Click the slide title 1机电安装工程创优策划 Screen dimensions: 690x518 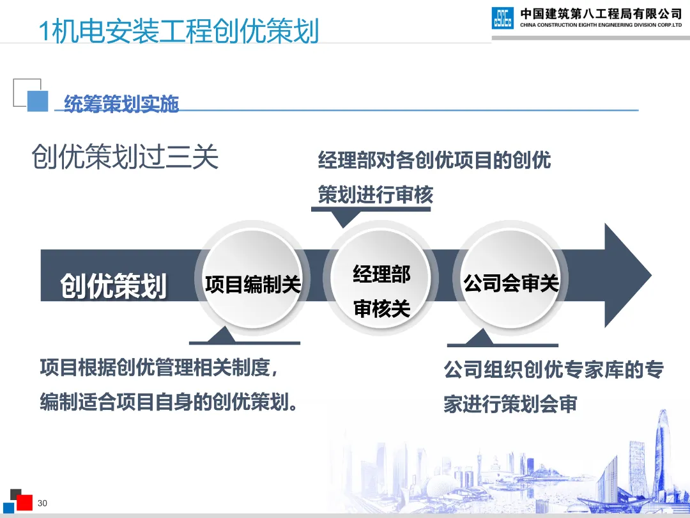tap(179, 31)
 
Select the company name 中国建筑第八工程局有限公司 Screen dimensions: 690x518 tap(601, 13)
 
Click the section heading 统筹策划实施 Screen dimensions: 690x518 tap(121, 104)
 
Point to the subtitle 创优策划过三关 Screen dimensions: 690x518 tap(125, 157)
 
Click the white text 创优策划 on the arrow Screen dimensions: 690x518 tap(114, 285)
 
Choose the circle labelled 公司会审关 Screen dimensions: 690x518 tap(511, 283)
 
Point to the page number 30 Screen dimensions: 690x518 tap(43, 503)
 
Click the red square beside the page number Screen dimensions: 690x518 tap(24, 502)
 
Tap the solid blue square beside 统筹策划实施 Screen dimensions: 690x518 tap(38, 100)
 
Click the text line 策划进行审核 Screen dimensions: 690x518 tap(376, 195)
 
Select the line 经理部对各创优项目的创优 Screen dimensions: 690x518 tap(434, 160)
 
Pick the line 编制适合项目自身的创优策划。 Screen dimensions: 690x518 tap(169, 403)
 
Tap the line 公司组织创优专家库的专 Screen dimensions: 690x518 tap(554, 370)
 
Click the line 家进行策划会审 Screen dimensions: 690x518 tap(510, 405)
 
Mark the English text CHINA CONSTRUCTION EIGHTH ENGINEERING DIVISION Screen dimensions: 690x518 tap(601, 25)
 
